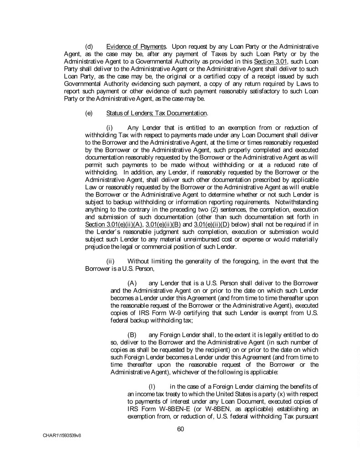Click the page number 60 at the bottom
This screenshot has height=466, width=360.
click(180, 428)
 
